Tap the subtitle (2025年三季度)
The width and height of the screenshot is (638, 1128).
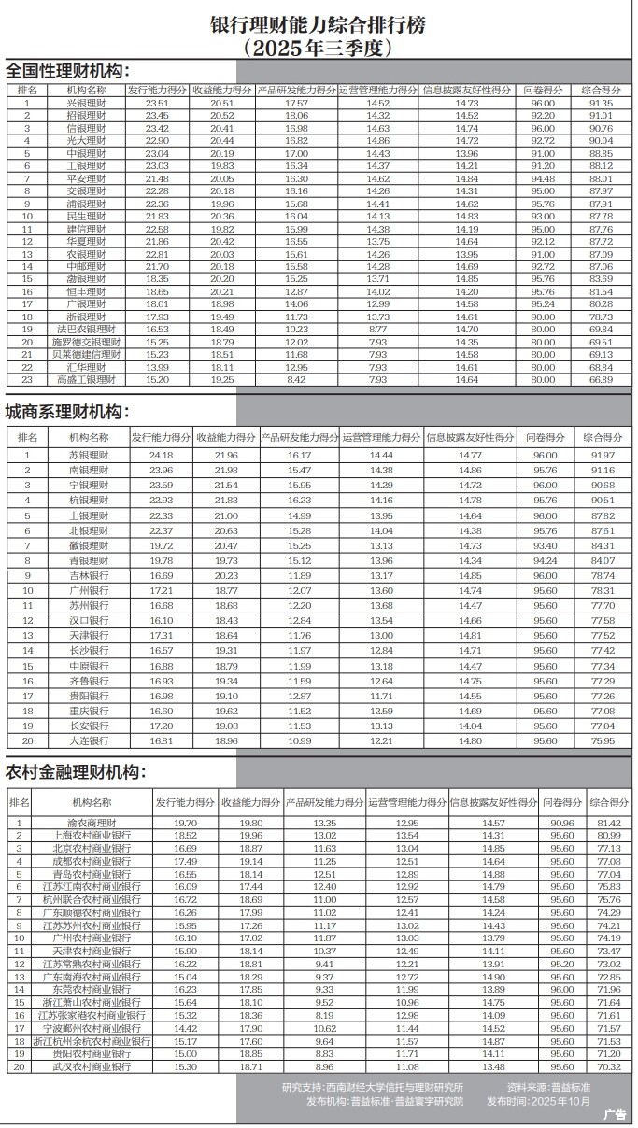tap(319, 47)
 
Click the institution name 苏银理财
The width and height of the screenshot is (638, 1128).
tap(90, 454)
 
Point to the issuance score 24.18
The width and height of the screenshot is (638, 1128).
tap(162, 454)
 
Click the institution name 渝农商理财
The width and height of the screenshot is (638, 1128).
tap(92, 823)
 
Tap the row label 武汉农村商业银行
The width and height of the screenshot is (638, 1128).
tap(92, 1066)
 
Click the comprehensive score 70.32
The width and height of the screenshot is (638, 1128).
tap(609, 1066)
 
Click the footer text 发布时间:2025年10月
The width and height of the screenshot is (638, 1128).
tap(539, 1100)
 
